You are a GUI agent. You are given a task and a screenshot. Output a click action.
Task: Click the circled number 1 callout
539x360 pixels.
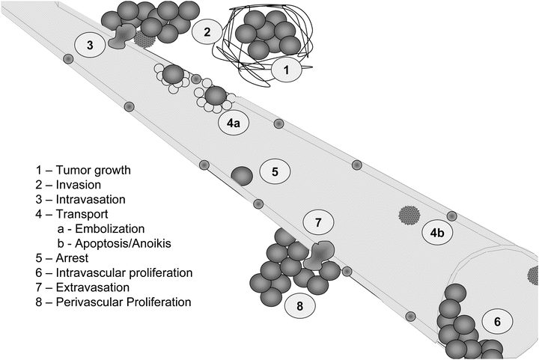click(x=285, y=70)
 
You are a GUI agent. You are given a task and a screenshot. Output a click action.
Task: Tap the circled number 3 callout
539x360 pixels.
click(x=90, y=45)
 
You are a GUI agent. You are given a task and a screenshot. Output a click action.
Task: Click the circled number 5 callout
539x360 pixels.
click(x=275, y=172)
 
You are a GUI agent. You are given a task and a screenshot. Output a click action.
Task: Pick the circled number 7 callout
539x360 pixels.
click(x=317, y=222)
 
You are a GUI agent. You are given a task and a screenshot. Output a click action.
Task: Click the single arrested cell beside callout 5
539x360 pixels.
click(x=242, y=176)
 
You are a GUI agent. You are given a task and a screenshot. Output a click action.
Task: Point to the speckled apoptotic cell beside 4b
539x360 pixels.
click(x=409, y=216)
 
